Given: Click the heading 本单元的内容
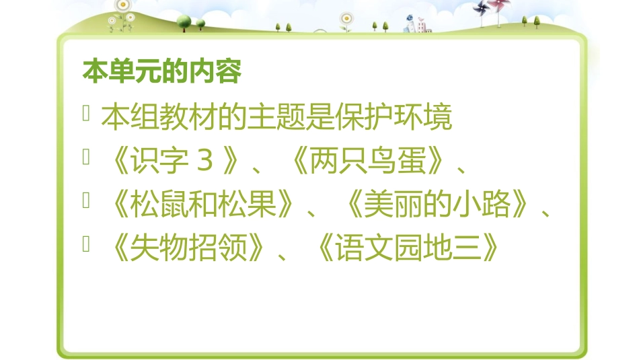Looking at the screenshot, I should pos(161,71).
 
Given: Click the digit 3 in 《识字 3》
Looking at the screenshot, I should pos(206,162).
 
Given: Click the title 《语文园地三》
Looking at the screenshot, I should pos(408,249).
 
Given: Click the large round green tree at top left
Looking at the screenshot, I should pos(184,21).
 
